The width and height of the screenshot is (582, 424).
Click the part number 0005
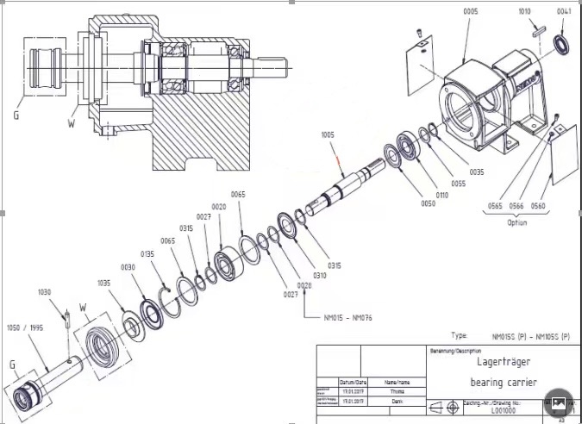[x=471, y=11]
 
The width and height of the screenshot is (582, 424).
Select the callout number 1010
[x=524, y=11]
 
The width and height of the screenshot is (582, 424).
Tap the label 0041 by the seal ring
[x=564, y=11]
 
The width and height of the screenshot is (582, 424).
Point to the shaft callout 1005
[x=328, y=135]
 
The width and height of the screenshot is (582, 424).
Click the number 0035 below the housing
[x=476, y=172]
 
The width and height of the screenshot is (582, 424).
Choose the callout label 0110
[x=443, y=195]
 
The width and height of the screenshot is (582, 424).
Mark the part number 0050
[x=428, y=204]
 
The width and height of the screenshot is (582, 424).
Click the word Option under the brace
[x=516, y=222]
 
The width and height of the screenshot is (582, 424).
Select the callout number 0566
[x=516, y=206]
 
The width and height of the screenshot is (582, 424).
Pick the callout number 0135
[x=148, y=254]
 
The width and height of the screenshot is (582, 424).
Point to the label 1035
[x=104, y=283]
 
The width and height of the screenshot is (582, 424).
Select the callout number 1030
[x=45, y=292]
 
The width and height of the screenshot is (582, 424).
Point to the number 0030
[x=128, y=268]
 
